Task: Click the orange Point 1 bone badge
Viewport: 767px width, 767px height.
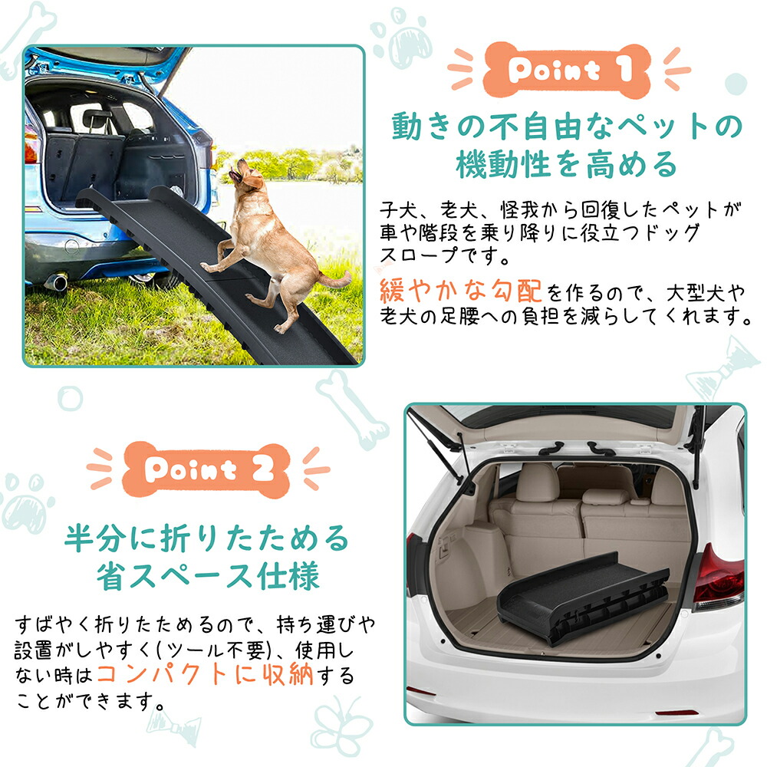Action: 568,70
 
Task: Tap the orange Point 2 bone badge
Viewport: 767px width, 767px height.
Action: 206,469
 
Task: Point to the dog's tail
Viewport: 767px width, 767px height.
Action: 335,281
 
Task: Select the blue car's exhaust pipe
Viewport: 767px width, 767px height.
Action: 57,282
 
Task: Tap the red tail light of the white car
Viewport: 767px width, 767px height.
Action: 716,578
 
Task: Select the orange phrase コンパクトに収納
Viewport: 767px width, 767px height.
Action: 206,674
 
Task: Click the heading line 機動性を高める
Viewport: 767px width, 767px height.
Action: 567,164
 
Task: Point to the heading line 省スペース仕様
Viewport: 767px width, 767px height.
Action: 208,576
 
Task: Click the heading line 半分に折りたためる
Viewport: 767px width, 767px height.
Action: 206,538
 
